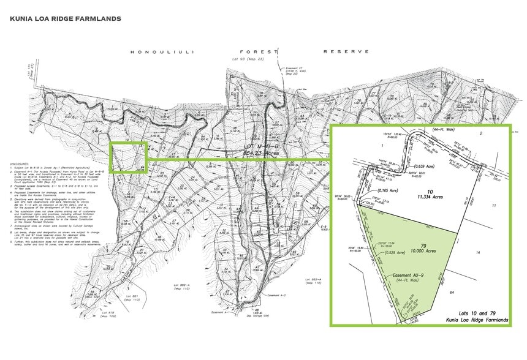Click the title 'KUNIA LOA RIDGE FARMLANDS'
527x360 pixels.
click(66, 19)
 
